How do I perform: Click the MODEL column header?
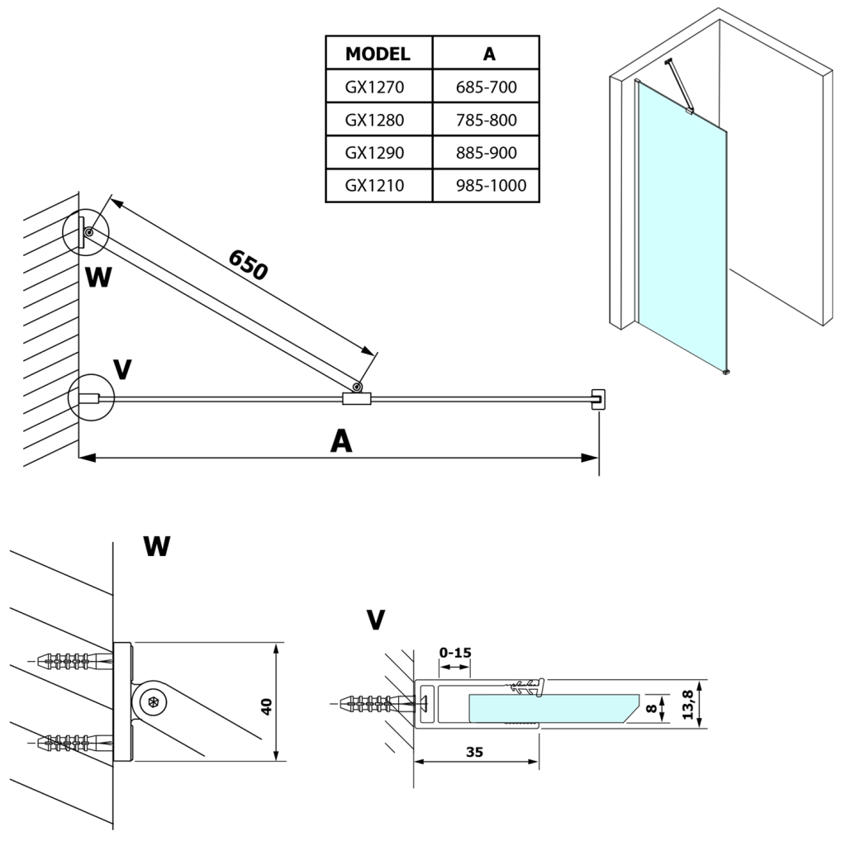tap(378, 55)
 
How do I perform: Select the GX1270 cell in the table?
tap(375, 87)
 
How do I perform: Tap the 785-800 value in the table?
tap(486, 120)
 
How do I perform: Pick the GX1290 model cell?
tap(375, 153)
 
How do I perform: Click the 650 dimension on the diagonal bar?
tap(248, 264)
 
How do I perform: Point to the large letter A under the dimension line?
tap(340, 442)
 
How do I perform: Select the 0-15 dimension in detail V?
tap(454, 653)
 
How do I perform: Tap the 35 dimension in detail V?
tap(474, 752)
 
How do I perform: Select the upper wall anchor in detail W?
tap(74, 661)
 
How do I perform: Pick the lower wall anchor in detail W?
tap(74, 740)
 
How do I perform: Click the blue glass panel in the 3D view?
tap(682, 231)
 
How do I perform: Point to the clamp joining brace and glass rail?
tap(357, 399)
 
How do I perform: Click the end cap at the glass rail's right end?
tap(598, 398)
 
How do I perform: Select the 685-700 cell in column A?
tap(486, 87)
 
